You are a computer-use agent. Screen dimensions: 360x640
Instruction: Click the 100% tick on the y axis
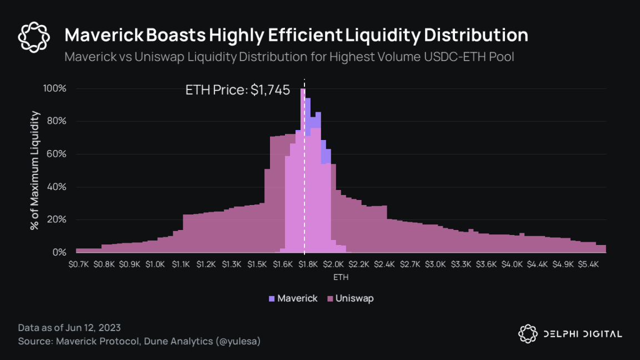[x=56, y=89]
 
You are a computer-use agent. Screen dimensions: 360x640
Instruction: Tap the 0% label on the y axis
[x=59, y=253]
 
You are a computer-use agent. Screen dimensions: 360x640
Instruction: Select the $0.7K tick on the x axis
[x=79, y=264]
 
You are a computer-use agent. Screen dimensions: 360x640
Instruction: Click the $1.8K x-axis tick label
[x=308, y=264]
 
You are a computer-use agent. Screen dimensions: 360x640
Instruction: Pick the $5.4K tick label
[x=589, y=264]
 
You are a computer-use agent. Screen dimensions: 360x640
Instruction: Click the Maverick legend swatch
[x=272, y=299]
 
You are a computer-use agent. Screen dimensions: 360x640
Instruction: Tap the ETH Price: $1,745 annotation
[x=238, y=90]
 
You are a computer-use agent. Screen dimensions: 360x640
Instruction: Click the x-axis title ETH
[x=341, y=276]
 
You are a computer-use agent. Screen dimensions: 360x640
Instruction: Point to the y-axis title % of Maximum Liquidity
[x=36, y=170]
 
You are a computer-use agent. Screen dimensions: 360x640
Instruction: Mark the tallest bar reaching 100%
[x=303, y=167]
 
